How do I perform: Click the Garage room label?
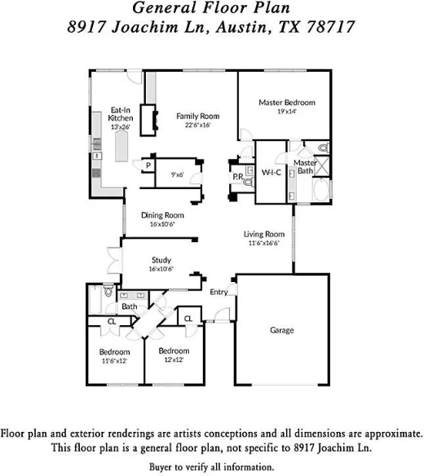point(282,330)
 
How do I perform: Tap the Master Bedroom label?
point(286,103)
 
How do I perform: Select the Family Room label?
point(198,116)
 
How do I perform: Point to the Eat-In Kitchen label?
point(121,114)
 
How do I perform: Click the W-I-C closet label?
point(271,172)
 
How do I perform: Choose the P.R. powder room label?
point(238,176)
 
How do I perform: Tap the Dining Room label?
point(162,215)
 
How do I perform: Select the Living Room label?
point(264,235)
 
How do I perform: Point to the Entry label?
point(219,292)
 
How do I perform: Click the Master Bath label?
point(305,166)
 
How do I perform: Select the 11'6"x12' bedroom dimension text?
point(115,359)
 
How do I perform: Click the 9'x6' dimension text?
point(176,174)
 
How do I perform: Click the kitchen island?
point(124,148)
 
